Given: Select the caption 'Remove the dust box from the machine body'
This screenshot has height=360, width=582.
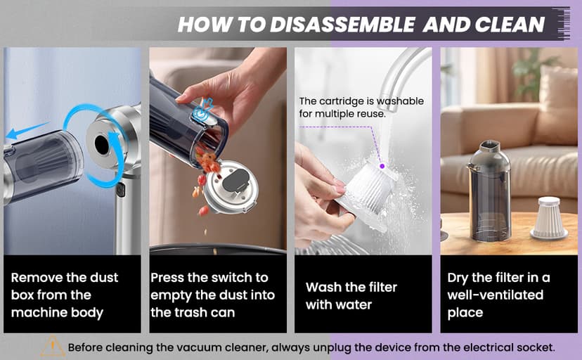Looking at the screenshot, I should tap(65, 295).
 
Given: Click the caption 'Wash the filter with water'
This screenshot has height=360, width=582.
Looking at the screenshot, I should tap(351, 296).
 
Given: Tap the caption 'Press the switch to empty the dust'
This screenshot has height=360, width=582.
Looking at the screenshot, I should tap(213, 295).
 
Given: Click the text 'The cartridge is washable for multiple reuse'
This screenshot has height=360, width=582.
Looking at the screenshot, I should tap(361, 107).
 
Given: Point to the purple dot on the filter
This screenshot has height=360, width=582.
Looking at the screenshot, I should tap(382, 167).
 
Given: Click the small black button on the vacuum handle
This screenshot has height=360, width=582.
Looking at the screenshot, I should tap(121, 189).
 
